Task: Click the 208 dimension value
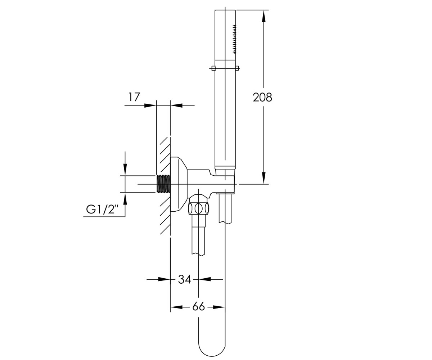pyautogui.click(x=262, y=97)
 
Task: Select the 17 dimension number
pyautogui.click(x=134, y=97)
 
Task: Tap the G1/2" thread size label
pyautogui.click(x=102, y=210)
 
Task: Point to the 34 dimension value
pyautogui.click(x=184, y=279)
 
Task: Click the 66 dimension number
pyautogui.click(x=198, y=306)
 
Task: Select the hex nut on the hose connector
pyautogui.click(x=198, y=208)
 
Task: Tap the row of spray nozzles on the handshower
pyautogui.click(x=234, y=39)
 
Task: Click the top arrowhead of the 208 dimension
pyautogui.click(x=264, y=16)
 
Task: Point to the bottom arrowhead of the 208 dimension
pyautogui.click(x=264, y=178)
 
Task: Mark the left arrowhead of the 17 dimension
pyautogui.click(x=150, y=105)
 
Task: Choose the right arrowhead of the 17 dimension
pyautogui.click(x=176, y=105)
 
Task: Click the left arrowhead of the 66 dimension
pyautogui.click(x=176, y=307)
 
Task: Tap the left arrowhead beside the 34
pyautogui.click(x=164, y=279)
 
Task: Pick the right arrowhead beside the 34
pyautogui.click(x=204, y=279)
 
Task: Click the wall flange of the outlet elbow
pyautogui.click(x=179, y=184)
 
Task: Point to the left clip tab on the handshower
pyautogui.click(x=213, y=68)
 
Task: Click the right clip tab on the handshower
pyautogui.click(x=237, y=68)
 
